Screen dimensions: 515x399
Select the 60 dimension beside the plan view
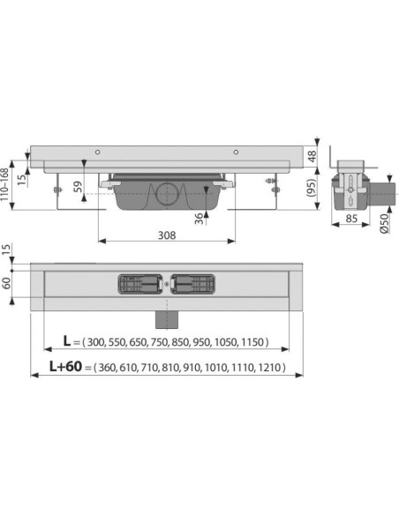click(9, 284)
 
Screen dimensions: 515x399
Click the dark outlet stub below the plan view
click(165, 314)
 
